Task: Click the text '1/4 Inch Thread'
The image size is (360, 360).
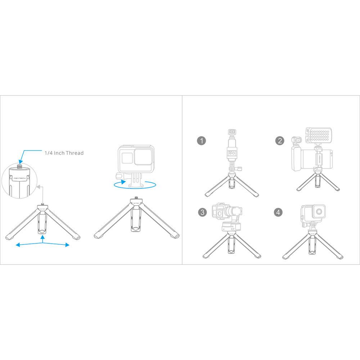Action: pos(64,153)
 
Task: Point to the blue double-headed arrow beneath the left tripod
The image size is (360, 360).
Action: pos(43,244)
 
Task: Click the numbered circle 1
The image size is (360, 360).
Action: pos(202,140)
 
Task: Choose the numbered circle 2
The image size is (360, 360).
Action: pos(280,140)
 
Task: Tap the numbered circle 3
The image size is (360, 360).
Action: pos(202,212)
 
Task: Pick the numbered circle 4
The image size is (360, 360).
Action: pos(278,212)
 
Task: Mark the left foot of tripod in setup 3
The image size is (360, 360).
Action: pos(206,257)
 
